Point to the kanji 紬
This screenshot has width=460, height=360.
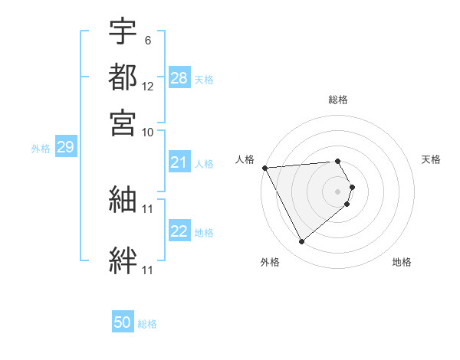(x=123, y=199)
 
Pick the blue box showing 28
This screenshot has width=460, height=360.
(x=179, y=78)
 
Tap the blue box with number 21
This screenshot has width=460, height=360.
(x=179, y=162)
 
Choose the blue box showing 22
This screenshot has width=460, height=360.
(x=179, y=231)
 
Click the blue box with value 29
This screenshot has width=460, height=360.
(x=64, y=147)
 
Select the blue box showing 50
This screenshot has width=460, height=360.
(x=123, y=322)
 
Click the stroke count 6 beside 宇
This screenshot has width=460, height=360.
(x=147, y=40)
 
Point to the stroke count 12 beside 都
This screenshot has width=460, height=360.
(x=148, y=86)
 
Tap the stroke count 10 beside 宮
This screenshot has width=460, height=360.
(x=148, y=132)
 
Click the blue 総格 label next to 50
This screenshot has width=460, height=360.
(x=147, y=324)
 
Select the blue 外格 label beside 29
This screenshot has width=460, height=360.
(x=41, y=149)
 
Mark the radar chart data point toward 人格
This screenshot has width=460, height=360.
(x=264, y=168)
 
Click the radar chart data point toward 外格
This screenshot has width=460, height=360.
(x=301, y=242)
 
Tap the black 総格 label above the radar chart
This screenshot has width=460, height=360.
(x=338, y=100)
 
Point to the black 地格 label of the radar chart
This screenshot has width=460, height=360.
(x=402, y=262)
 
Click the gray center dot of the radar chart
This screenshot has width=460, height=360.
(x=338, y=190)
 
